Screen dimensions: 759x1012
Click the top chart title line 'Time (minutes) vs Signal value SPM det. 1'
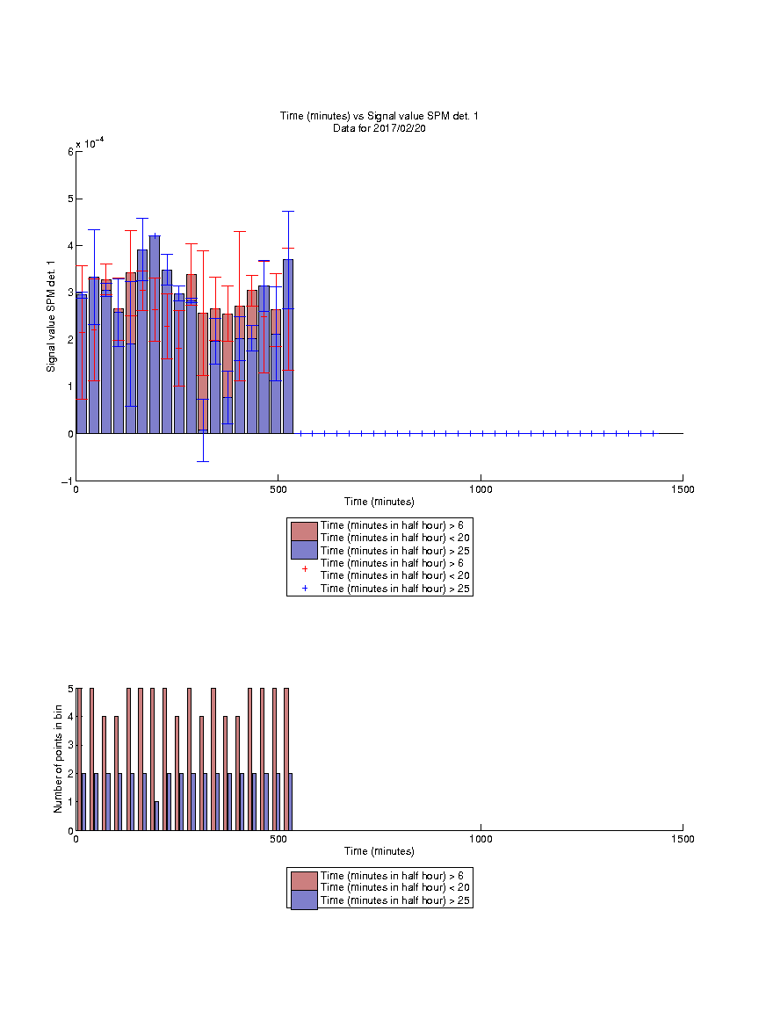click(379, 116)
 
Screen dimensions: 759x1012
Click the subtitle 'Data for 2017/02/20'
click(379, 127)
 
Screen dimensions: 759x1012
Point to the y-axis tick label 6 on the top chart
click(70, 152)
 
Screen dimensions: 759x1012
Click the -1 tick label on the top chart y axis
click(67, 481)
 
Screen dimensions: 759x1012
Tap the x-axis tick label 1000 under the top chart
click(481, 489)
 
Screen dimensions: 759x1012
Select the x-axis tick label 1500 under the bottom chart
click(683, 839)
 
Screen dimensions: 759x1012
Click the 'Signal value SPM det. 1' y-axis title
click(51, 316)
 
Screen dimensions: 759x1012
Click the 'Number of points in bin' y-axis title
click(58, 759)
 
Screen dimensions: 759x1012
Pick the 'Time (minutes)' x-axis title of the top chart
click(379, 502)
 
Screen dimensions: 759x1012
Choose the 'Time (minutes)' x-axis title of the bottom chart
click(379, 851)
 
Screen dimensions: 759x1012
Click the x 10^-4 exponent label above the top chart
click(90, 143)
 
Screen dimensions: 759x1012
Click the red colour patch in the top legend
click(304, 531)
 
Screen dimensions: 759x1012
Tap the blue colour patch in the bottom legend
click(304, 900)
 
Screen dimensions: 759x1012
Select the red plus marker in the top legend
click(305, 568)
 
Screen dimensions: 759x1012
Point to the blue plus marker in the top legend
click(305, 588)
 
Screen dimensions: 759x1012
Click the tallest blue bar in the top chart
click(155, 335)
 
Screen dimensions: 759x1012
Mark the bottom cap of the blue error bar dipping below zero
click(203, 461)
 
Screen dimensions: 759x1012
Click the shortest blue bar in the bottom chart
click(157, 816)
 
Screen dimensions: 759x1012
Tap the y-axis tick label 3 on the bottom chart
click(70, 745)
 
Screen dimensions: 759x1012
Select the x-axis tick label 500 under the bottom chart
click(278, 839)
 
